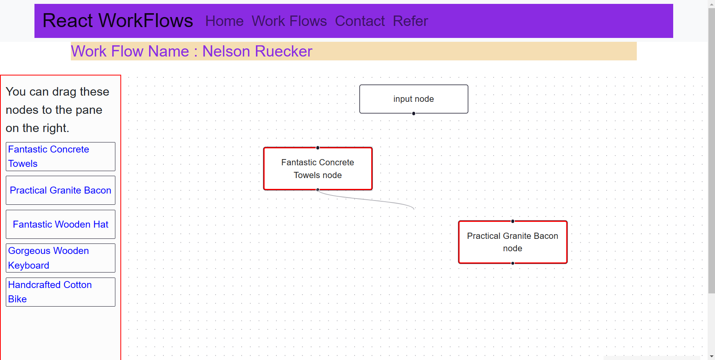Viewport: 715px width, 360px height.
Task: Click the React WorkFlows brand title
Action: click(118, 21)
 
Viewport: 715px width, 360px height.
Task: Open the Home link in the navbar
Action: click(224, 21)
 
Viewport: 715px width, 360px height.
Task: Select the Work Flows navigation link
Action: click(289, 21)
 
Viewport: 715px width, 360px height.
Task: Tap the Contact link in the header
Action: click(360, 21)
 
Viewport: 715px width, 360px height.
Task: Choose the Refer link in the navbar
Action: click(410, 21)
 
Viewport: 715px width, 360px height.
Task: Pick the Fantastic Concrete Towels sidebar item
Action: click(60, 156)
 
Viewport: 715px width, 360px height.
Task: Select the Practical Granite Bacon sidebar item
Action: click(60, 190)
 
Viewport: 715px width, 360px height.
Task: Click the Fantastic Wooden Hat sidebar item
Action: click(60, 225)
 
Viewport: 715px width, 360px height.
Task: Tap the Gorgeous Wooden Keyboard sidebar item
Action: click(60, 258)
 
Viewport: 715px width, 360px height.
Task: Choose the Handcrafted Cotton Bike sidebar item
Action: click(60, 292)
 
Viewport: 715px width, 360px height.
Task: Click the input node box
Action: click(413, 99)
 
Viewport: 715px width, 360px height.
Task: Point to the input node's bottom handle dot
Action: click(414, 113)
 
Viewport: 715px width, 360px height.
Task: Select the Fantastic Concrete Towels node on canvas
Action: click(317, 169)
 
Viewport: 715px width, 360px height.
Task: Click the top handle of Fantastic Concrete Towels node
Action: click(318, 147)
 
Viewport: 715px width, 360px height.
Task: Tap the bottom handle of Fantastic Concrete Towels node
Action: click(318, 190)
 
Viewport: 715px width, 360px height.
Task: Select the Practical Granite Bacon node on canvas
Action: click(513, 242)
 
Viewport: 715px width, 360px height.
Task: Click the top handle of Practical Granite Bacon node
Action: click(513, 221)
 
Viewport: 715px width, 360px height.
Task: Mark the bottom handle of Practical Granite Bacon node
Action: click(513, 263)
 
